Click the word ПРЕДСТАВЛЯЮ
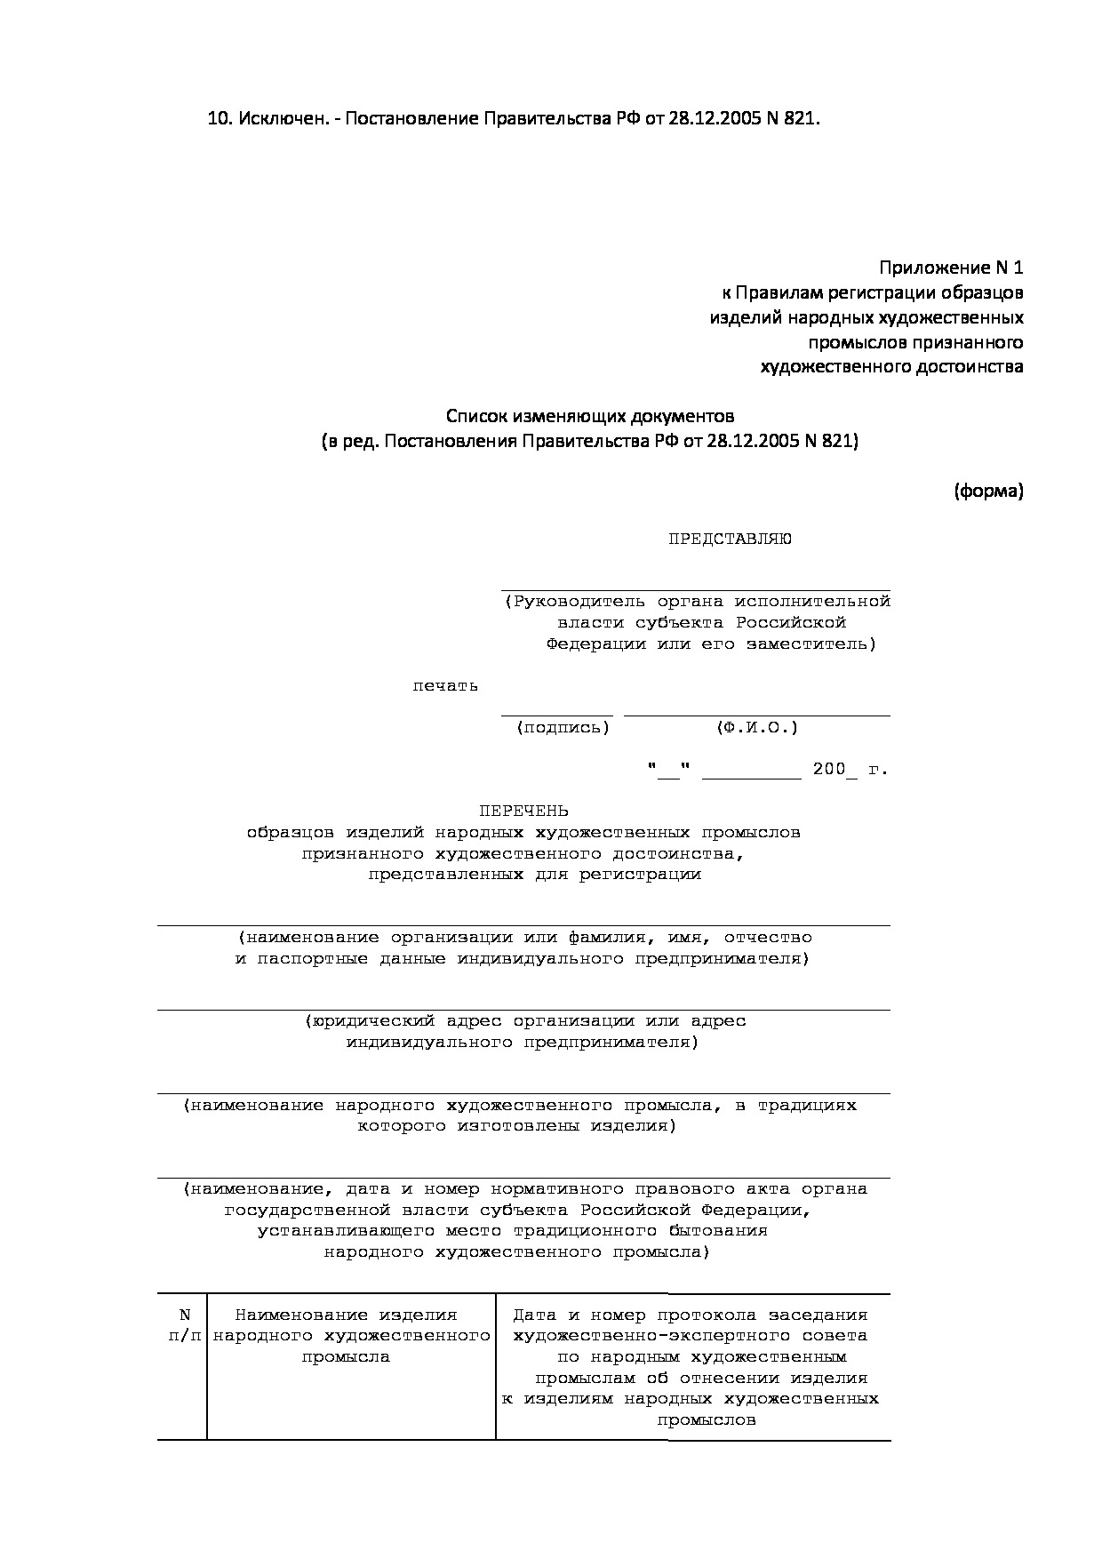click(x=730, y=539)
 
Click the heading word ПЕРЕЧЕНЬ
click(x=523, y=811)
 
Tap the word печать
click(x=445, y=685)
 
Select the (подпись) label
click(x=563, y=728)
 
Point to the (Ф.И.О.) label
click(x=757, y=728)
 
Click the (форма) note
click(x=988, y=491)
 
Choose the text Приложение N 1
click(x=951, y=268)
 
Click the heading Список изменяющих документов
click(x=589, y=416)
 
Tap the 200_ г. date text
click(x=850, y=770)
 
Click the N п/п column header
click(x=184, y=1325)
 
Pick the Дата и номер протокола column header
click(x=691, y=1315)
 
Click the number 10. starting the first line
click(x=220, y=119)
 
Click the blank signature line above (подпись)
click(x=556, y=714)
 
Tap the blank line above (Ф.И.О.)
click(x=756, y=714)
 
